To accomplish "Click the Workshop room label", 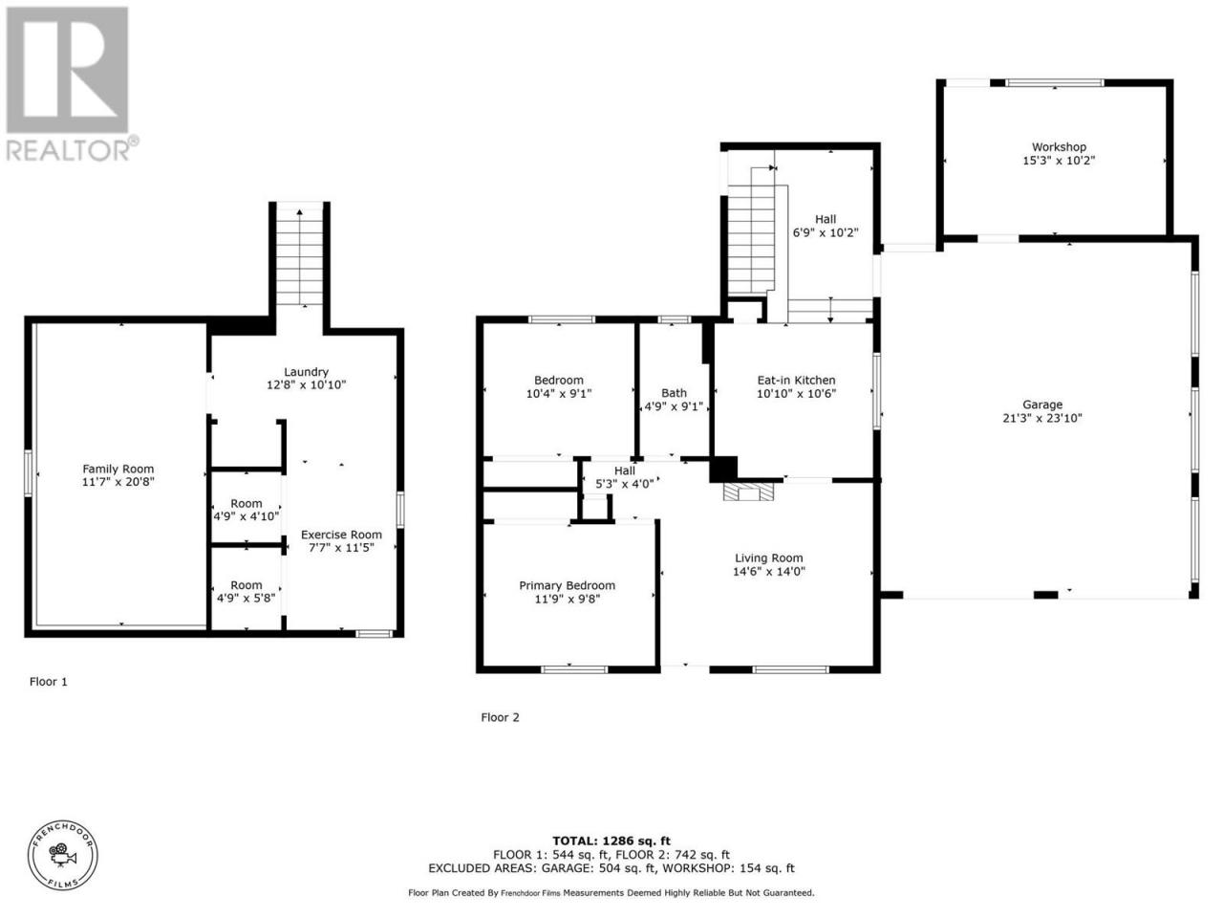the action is click(1058, 147).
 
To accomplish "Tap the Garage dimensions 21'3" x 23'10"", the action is click(1041, 418).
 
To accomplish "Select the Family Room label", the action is click(118, 469).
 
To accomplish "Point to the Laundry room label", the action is click(306, 372).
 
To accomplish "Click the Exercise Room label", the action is click(341, 535).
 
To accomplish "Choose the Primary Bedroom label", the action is click(568, 585).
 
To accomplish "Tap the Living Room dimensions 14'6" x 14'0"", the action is click(769, 571).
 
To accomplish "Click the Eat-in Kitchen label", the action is click(796, 381).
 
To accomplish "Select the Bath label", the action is click(675, 393).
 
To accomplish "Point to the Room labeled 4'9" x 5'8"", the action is click(247, 591).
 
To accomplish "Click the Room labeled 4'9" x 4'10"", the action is click(247, 510).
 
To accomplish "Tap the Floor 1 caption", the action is click(49, 682).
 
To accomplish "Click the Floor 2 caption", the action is click(500, 717).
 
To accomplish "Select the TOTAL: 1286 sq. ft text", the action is click(611, 841).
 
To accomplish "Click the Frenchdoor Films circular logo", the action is click(63, 856).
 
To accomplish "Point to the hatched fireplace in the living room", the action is click(748, 492).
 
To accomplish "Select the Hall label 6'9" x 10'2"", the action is click(826, 226).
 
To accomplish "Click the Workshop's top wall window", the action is click(1055, 83).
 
